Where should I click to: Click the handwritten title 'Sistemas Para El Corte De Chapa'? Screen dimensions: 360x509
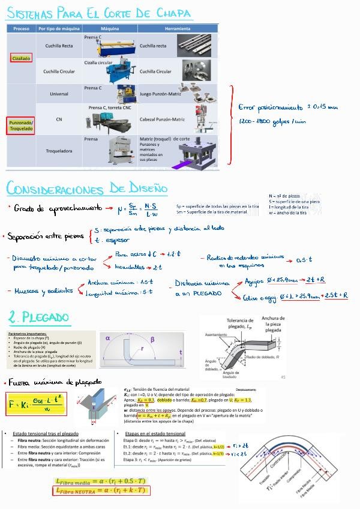coord(100,13)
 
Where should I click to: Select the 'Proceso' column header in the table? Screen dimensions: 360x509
coord(21,28)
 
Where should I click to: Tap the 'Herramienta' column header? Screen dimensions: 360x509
coord(177,28)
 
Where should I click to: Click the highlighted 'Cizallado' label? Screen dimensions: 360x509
coord(21,58)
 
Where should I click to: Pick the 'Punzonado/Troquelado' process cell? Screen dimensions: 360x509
coord(21,125)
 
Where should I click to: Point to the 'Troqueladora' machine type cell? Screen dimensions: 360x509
coord(59,152)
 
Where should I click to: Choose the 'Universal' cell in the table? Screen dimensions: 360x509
coord(59,94)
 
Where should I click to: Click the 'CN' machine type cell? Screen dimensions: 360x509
coord(59,119)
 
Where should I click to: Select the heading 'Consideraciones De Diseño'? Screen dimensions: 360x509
coord(87,188)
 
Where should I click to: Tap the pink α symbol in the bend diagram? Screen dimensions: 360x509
coord(108,339)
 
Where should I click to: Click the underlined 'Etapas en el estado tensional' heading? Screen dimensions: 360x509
coord(155,433)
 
